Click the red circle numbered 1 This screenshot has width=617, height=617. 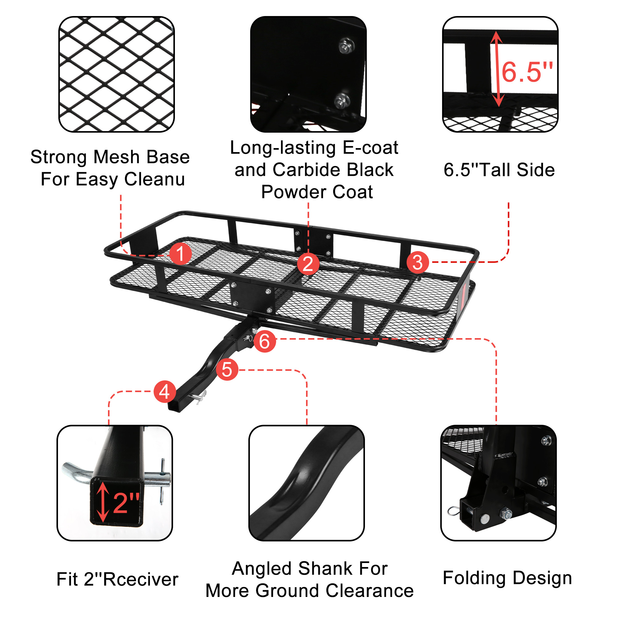(x=180, y=254)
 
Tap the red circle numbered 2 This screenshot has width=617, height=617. (x=308, y=264)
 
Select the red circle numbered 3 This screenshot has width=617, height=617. (x=418, y=262)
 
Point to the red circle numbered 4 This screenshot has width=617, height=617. (x=165, y=391)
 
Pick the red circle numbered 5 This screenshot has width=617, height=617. (x=227, y=370)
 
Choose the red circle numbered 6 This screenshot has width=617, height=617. (x=265, y=341)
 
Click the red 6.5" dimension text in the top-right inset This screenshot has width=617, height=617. (x=527, y=72)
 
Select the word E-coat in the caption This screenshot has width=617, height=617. (x=370, y=147)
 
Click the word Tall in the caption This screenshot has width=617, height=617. (x=496, y=170)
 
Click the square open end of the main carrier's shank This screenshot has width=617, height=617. (x=174, y=407)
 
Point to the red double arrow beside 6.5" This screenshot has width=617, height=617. (x=497, y=69)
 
